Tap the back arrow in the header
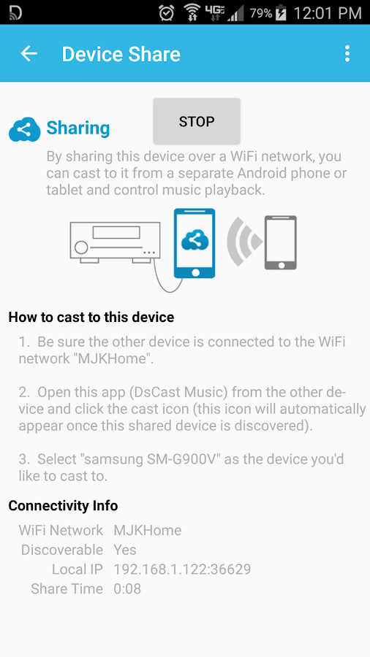[x=29, y=53]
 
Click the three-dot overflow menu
[x=347, y=54]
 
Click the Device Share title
[x=121, y=55]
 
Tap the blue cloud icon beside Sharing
[x=25, y=129]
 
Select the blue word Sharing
[x=78, y=128]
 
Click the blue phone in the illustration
[x=195, y=243]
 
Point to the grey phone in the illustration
[x=281, y=242]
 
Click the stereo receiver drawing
[x=115, y=242]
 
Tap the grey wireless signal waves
[x=243, y=242]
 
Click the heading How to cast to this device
[x=91, y=317]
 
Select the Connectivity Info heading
[x=63, y=506]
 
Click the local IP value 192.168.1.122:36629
[x=182, y=569]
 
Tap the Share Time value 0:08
[x=127, y=588]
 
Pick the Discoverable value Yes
[x=124, y=549]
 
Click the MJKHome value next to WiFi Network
[x=148, y=530]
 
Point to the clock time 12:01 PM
[x=327, y=13]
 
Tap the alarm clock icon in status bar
[x=167, y=12]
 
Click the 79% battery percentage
[x=261, y=13]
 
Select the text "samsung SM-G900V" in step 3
[x=153, y=459]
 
